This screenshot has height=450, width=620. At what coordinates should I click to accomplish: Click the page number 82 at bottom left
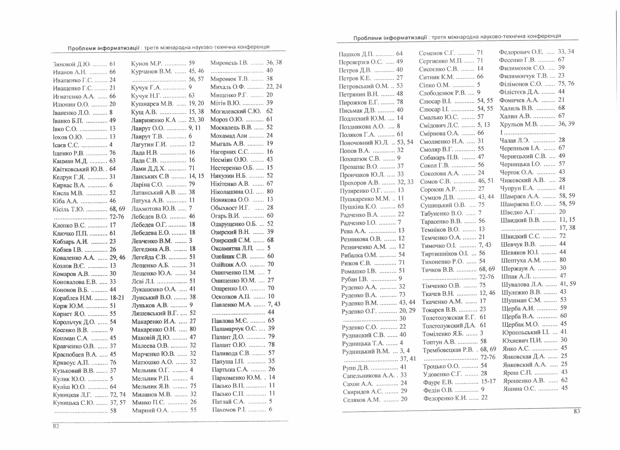pyautogui.click(x=56, y=426)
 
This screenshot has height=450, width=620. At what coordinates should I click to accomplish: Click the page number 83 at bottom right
pyautogui.click(x=577, y=411)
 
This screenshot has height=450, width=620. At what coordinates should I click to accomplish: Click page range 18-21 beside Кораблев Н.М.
pyautogui.click(x=117, y=298)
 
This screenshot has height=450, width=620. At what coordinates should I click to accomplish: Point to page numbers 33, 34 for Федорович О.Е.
pyautogui.click(x=566, y=52)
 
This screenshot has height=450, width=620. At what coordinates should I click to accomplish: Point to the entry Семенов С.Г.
pyautogui.click(x=435, y=53)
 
